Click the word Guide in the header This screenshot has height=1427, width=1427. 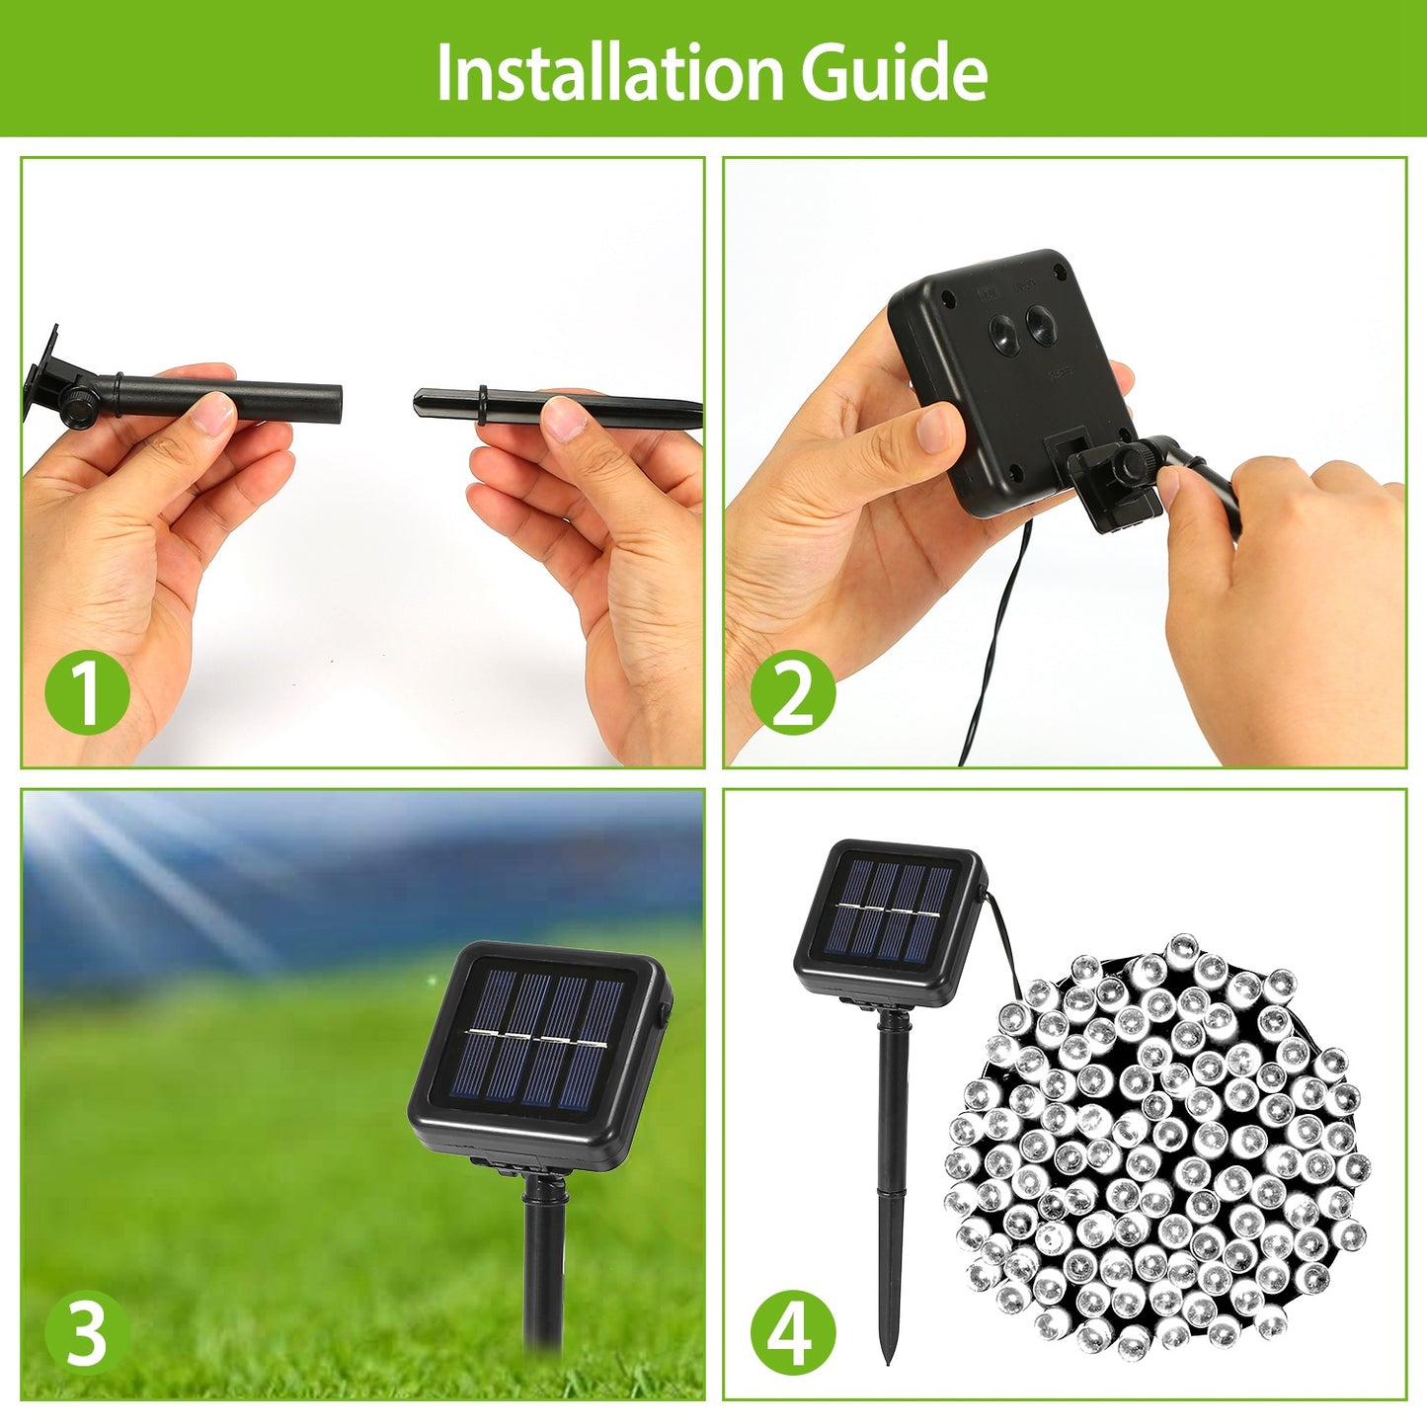(894, 72)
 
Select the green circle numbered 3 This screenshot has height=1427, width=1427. (87, 1333)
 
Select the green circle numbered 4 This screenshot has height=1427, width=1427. (792, 1333)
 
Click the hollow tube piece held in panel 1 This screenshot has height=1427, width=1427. (247, 398)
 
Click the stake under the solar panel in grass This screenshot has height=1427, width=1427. (543, 1264)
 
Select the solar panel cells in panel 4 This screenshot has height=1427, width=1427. (889, 912)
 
